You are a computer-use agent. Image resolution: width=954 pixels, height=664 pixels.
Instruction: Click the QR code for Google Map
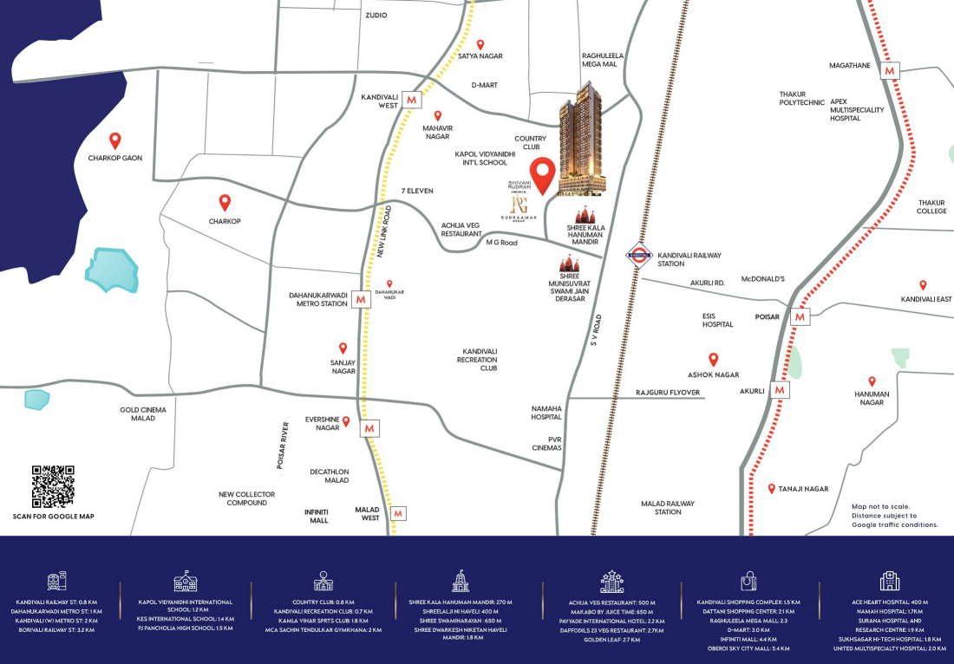coord(53,487)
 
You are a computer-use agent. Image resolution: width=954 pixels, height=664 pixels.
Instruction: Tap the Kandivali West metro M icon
coord(411,100)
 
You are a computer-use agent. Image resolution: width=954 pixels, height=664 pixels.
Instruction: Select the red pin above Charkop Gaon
coord(114,140)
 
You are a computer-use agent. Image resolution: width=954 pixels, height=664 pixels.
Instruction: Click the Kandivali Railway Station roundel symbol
coord(637,255)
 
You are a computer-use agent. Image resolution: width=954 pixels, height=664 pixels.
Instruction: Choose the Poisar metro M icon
coord(800,317)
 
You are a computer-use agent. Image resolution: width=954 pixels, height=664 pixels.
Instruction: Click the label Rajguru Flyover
coord(668,393)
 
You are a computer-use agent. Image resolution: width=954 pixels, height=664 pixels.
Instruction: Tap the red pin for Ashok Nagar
coord(714,360)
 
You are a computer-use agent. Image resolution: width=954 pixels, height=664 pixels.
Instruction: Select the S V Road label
coord(596,330)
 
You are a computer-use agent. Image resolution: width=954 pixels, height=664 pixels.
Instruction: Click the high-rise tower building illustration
coord(582,139)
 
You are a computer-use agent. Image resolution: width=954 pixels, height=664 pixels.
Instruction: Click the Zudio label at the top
coord(376,16)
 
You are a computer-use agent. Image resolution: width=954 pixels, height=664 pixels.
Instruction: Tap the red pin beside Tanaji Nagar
coord(772,489)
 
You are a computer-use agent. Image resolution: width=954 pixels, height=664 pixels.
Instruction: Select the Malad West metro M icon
coord(398,513)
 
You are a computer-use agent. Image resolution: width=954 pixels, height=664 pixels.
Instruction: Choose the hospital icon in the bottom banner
coord(889,581)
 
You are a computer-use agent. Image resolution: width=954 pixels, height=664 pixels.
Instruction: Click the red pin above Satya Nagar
coord(480,44)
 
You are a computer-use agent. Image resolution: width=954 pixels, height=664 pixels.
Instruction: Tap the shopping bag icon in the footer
coord(748,581)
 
